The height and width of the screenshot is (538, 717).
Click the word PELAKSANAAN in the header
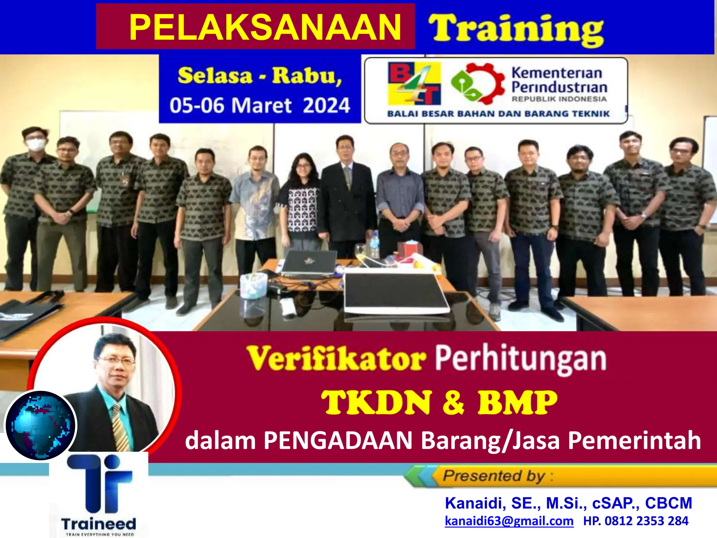[265, 27]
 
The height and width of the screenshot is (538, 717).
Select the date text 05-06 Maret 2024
[260, 105]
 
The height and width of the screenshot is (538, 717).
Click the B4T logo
[414, 83]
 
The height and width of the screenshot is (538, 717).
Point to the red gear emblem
[478, 84]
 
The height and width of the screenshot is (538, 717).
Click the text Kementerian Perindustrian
[559, 81]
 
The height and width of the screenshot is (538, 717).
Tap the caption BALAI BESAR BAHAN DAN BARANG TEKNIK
[498, 114]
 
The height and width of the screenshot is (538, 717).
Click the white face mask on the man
[36, 144]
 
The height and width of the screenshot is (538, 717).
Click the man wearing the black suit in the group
[347, 196]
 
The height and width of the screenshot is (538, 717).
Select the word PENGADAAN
[338, 441]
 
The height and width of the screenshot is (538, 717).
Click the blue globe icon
[41, 425]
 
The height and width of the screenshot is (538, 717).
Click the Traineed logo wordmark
[99, 524]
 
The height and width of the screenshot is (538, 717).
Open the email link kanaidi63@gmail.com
[509, 521]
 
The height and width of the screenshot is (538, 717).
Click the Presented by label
[494, 476]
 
